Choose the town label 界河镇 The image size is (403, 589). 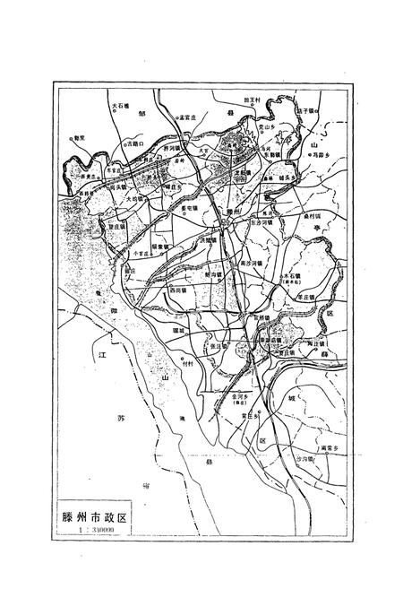[170, 147]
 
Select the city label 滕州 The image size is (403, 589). [235, 213]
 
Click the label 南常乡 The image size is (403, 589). [329, 447]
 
